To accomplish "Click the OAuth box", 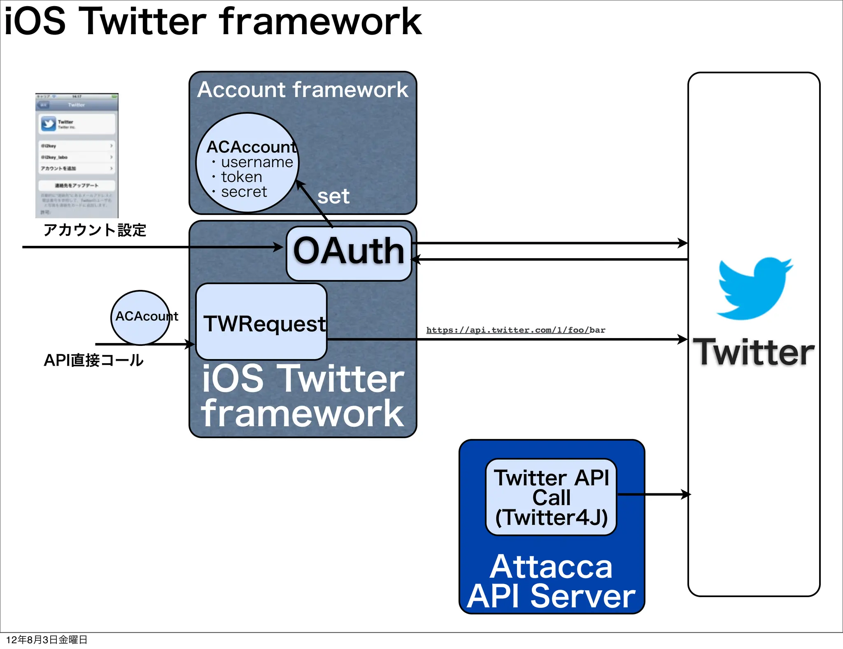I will coord(349,253).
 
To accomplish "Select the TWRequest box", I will coord(261,322).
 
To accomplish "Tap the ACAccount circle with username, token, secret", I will coord(247,163).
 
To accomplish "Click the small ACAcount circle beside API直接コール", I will coord(140,317).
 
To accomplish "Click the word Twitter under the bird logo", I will coord(754,353).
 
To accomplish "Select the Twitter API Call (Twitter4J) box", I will coord(551,497).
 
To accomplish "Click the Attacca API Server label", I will coord(551,581).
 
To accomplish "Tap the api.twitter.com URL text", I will coord(515,330).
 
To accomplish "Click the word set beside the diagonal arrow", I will coord(333,196).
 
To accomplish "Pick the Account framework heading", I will coord(303,90).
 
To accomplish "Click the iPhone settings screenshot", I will coord(77,156).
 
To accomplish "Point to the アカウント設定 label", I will coord(95,230).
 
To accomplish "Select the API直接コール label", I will coord(93,360).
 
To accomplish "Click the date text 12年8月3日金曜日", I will coord(47,640).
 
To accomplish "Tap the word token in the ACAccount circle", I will coord(242,177).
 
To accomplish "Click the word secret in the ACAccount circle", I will coord(244,192).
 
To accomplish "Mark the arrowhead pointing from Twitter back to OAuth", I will coord(416,259).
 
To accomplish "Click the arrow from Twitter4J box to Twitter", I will coord(654,494).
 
